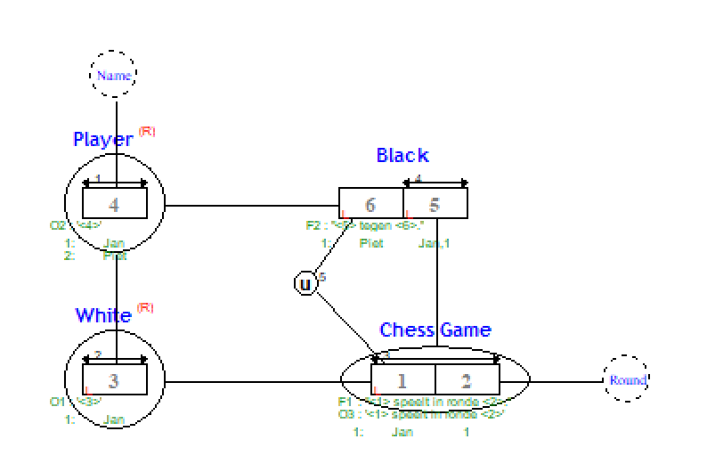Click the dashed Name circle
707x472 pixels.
[115, 76]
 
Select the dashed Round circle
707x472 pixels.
[627, 380]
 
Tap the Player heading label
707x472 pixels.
[103, 139]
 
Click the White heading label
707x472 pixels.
[103, 315]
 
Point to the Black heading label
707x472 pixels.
[402, 156]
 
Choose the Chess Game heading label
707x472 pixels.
[435, 330]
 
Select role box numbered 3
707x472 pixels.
[115, 381]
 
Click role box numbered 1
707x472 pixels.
[402, 381]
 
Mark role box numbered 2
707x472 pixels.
[467, 381]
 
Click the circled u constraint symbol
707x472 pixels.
[305, 284]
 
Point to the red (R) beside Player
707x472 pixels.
[147, 131]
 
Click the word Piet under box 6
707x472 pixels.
[371, 243]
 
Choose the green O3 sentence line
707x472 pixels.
[421, 414]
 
